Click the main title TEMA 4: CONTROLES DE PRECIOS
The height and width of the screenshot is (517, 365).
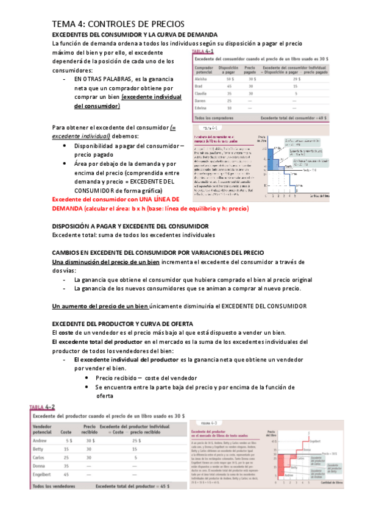click(114, 23)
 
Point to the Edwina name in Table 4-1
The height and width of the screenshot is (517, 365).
click(202, 109)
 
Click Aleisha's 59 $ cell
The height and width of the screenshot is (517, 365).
click(230, 80)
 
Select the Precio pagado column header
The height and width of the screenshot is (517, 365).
click(250, 70)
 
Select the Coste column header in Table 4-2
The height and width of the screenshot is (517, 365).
click(66, 430)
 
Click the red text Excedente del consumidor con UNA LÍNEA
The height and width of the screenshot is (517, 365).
click(115, 199)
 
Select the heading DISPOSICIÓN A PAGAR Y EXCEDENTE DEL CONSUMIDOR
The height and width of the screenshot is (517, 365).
click(130, 226)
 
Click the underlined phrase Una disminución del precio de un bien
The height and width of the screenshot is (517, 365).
click(106, 262)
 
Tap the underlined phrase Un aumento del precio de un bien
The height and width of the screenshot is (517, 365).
click(101, 305)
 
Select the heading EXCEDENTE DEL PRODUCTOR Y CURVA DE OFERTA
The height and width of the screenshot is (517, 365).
click(122, 323)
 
